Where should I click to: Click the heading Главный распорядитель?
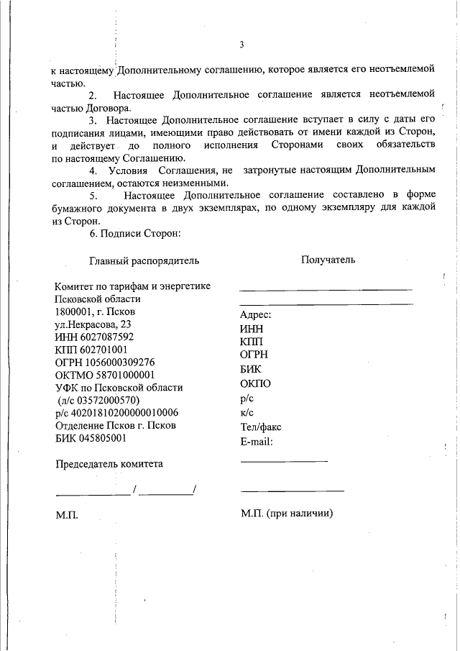click(x=144, y=260)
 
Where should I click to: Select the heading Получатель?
click(x=328, y=260)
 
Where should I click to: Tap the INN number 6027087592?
click(x=109, y=337)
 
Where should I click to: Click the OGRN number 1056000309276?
click(x=119, y=362)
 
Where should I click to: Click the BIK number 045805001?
click(x=101, y=437)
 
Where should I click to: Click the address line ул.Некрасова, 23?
click(x=88, y=324)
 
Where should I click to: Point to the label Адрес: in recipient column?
click(x=255, y=315)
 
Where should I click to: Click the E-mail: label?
click(x=257, y=441)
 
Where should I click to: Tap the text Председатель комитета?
click(x=109, y=464)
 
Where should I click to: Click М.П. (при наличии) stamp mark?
click(x=287, y=514)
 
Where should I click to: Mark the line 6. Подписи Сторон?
click(x=135, y=234)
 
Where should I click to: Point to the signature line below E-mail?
click(x=284, y=460)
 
